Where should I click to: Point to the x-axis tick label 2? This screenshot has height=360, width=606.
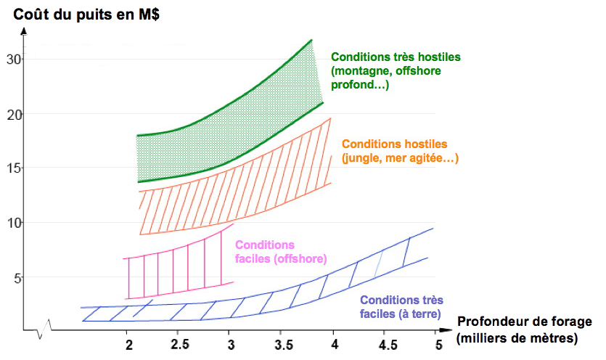128,343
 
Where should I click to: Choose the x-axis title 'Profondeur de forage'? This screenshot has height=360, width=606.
525,322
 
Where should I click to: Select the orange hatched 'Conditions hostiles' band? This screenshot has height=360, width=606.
232,196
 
